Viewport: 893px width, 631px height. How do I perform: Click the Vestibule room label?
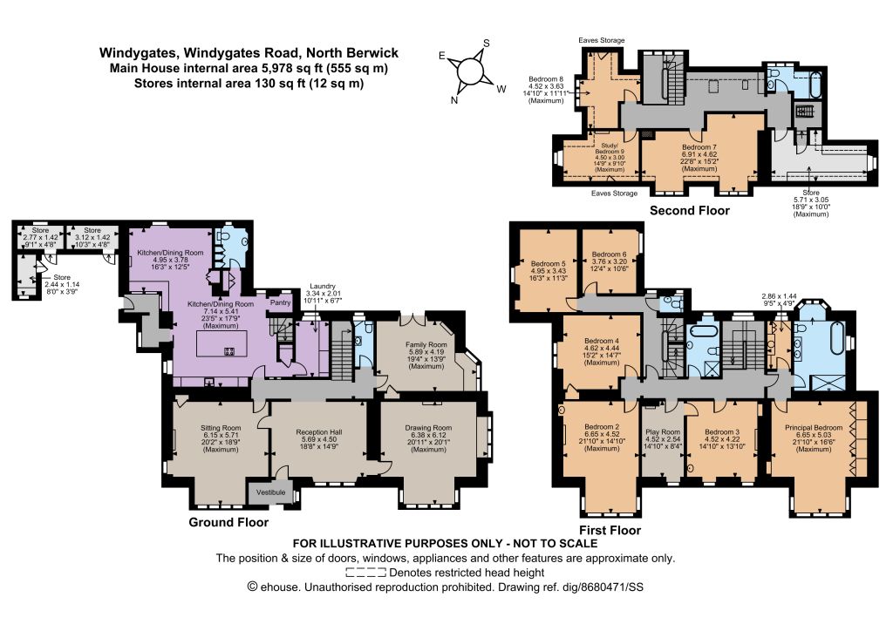pyautogui.click(x=270, y=492)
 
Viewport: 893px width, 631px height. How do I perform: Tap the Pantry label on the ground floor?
pyautogui.click(x=280, y=302)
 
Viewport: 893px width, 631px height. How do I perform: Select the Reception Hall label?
pyautogui.click(x=319, y=432)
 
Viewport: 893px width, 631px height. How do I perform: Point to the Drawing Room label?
pyautogui.click(x=428, y=428)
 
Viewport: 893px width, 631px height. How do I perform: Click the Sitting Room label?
pyautogui.click(x=221, y=428)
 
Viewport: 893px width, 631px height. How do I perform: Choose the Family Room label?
pyautogui.click(x=426, y=345)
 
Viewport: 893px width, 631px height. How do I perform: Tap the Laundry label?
pyautogui.click(x=323, y=286)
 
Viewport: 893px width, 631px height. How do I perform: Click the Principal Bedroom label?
pyautogui.click(x=814, y=428)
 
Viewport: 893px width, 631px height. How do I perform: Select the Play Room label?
pyautogui.click(x=663, y=432)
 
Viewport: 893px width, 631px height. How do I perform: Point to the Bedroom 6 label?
pyautogui.click(x=609, y=254)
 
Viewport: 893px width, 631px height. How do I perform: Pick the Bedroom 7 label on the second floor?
pyautogui.click(x=699, y=147)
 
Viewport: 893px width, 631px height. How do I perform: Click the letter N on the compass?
pyautogui.click(x=454, y=101)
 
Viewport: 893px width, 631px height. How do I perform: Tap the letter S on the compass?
pyautogui.click(x=487, y=44)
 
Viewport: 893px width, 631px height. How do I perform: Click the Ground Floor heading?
pyautogui.click(x=228, y=522)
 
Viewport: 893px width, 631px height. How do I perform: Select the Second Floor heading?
pyautogui.click(x=690, y=211)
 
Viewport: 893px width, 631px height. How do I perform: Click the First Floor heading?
pyautogui.click(x=610, y=530)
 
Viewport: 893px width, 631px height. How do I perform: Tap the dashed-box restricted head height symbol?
pyautogui.click(x=365, y=573)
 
